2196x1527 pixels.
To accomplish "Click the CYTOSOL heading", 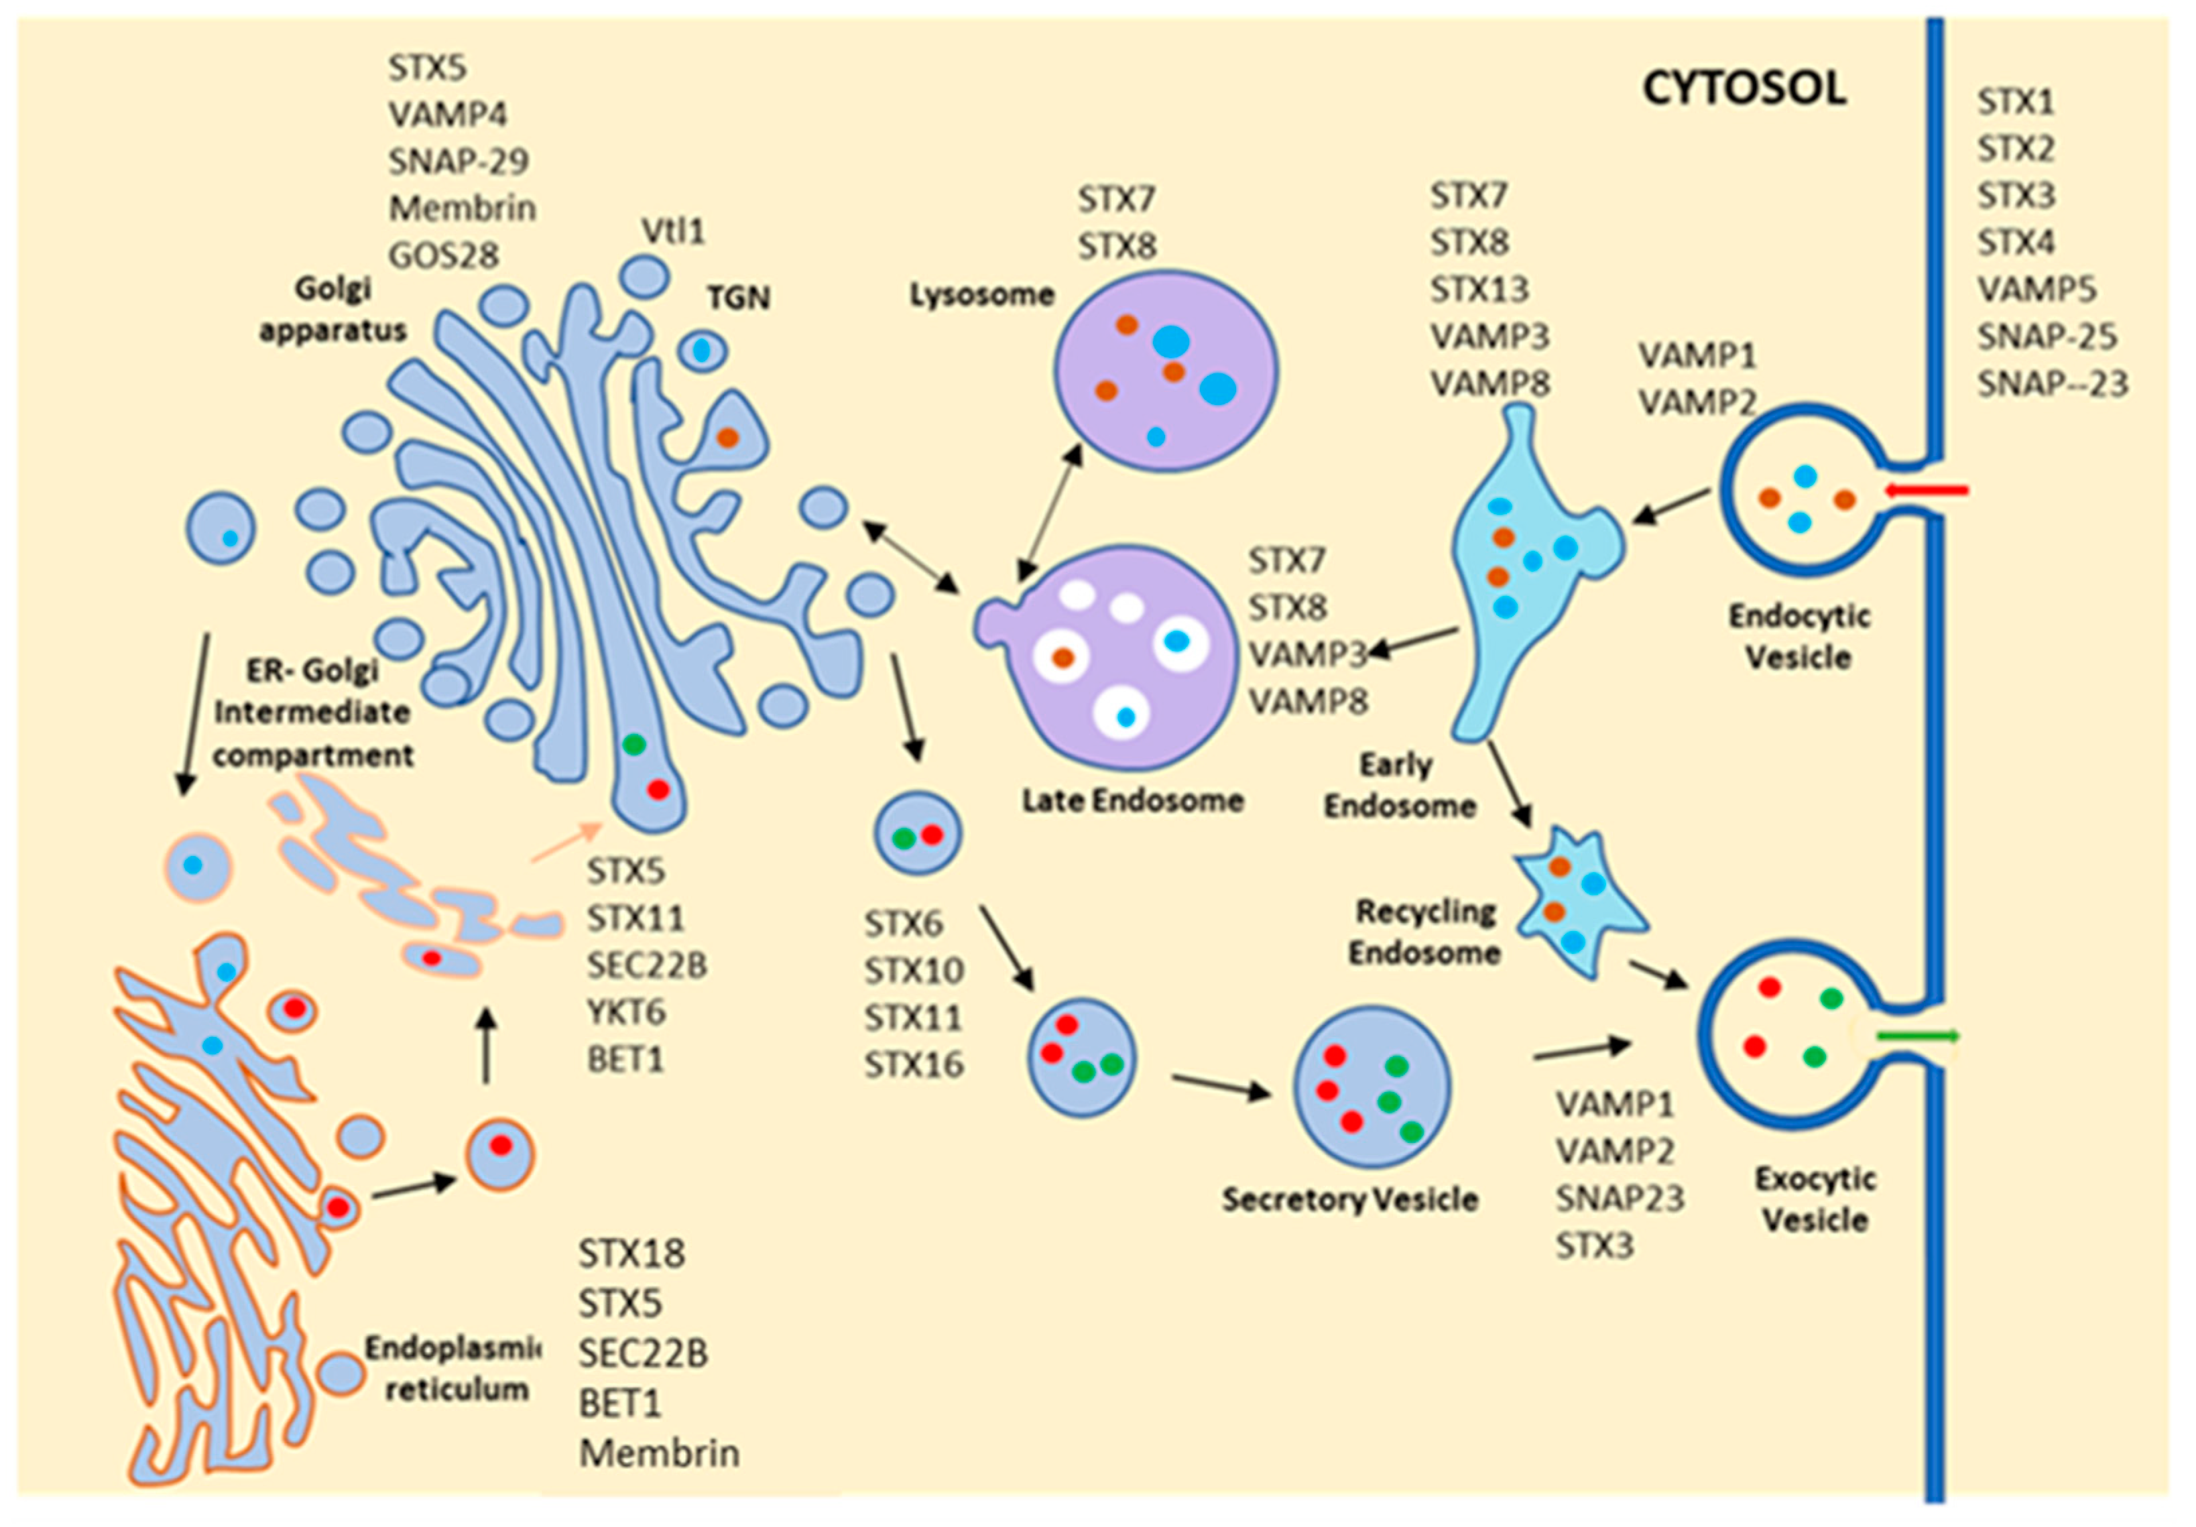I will click(x=1744, y=89).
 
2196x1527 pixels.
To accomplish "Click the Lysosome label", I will click(x=981, y=294).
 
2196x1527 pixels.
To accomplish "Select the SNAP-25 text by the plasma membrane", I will click(x=2047, y=337).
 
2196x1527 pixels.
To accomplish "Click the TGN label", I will click(x=739, y=298).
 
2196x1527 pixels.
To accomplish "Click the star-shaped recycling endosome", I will click(x=1576, y=901).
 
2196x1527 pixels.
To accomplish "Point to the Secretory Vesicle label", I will click(x=1349, y=1199).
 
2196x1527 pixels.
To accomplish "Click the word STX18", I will click(x=631, y=1254).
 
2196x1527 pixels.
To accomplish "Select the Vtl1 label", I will click(x=672, y=231).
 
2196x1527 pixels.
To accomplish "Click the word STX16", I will click(x=914, y=1065).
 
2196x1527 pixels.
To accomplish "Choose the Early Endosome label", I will click(x=1398, y=785).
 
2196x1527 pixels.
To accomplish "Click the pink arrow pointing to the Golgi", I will click(x=566, y=841).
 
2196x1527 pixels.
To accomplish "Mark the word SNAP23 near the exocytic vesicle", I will click(x=1620, y=1198).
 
